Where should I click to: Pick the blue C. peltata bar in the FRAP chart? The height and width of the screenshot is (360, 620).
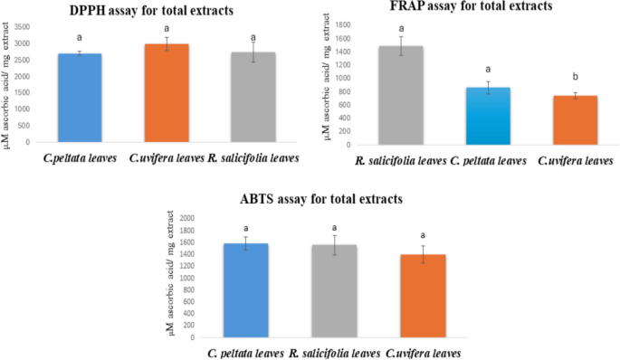coord(488,116)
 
